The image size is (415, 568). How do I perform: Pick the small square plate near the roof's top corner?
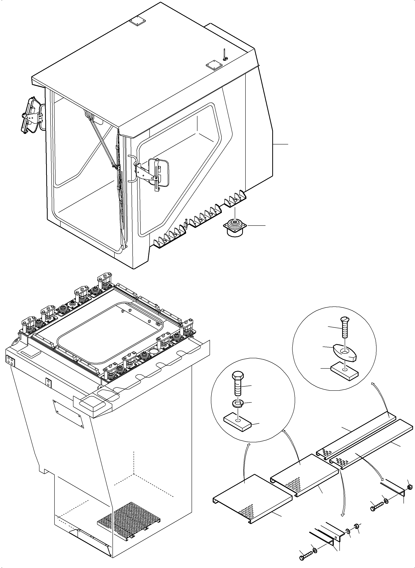point(137,22)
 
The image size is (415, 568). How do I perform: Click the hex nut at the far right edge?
point(409,487)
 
